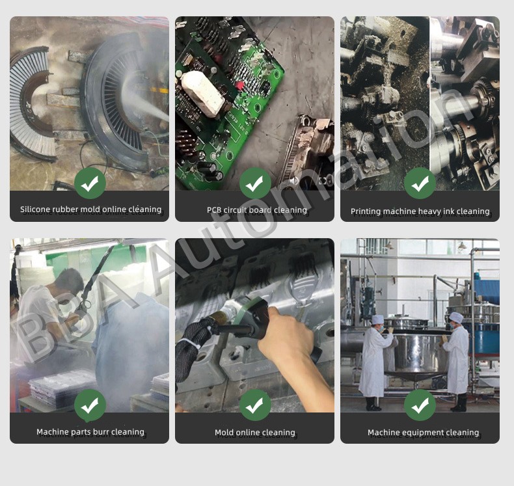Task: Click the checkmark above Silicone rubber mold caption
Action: [x=90, y=183]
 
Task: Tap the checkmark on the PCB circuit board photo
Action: [x=255, y=183]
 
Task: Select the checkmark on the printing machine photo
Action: [x=420, y=183]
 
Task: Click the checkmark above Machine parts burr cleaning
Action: [x=90, y=405]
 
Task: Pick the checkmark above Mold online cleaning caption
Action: [x=255, y=405]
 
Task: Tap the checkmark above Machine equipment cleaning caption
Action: [x=420, y=405]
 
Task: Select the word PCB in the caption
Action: [x=215, y=210]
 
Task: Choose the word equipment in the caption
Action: [x=424, y=433]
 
